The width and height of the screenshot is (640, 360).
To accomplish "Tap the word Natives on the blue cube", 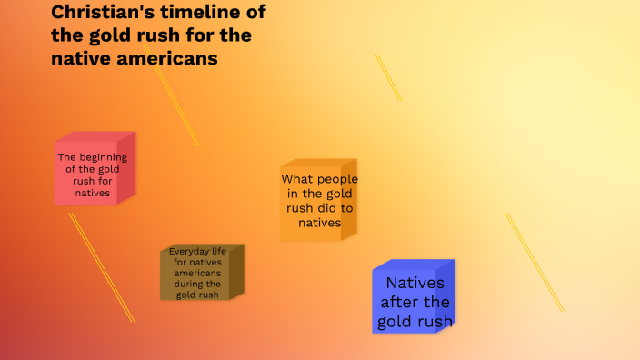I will pyautogui.click(x=415, y=283).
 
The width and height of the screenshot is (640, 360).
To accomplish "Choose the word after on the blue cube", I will pyautogui.click(x=398, y=302).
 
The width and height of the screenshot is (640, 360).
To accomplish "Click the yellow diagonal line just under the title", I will pyautogui.click(x=176, y=105).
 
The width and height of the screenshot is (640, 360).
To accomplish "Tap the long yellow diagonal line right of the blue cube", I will pyautogui.click(x=535, y=262).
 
